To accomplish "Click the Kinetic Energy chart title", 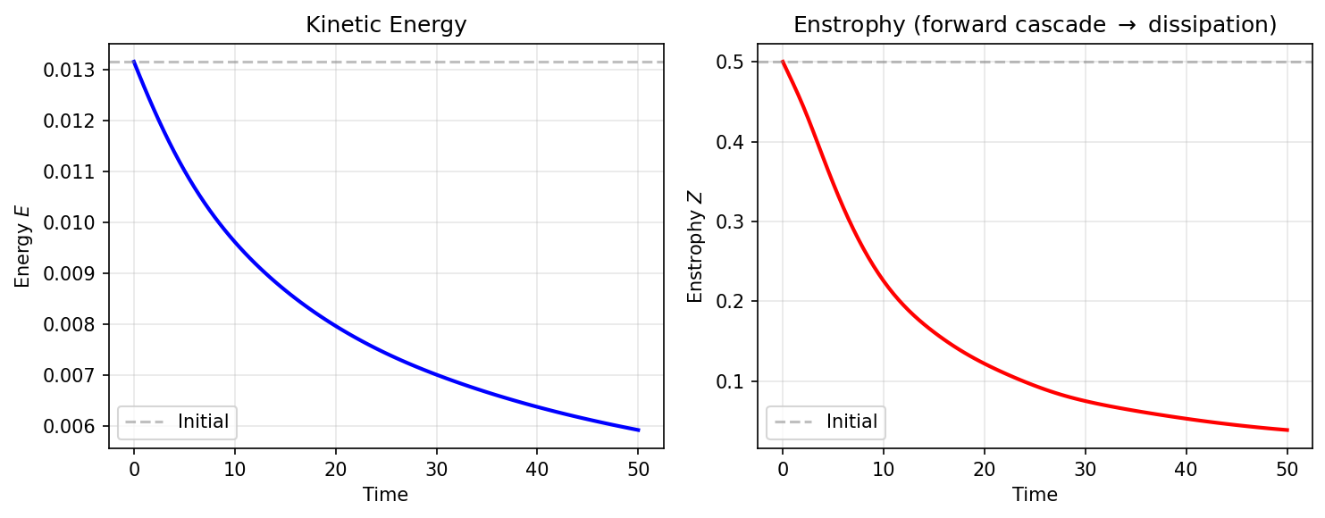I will point(386,25).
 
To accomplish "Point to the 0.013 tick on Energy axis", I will point(81,70).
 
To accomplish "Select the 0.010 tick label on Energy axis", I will point(81,222).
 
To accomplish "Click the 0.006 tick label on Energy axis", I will point(81,427).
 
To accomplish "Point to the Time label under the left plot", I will point(386,494).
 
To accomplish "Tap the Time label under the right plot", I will point(1035,494).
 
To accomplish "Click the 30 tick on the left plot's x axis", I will point(436,466).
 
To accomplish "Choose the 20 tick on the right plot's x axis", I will point(984,466).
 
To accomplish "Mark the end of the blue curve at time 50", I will point(638,430).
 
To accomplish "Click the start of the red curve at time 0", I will point(783,62).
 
